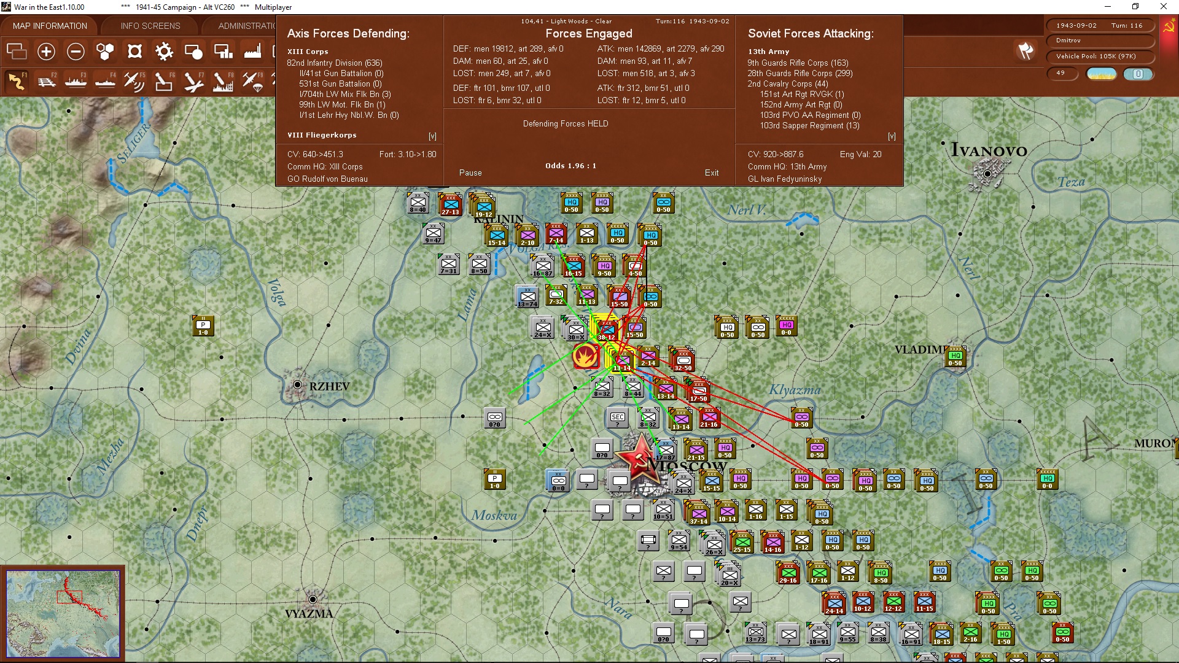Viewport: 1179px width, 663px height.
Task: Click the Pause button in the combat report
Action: (470, 173)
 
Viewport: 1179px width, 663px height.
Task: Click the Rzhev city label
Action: (329, 386)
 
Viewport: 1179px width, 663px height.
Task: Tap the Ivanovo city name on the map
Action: (989, 150)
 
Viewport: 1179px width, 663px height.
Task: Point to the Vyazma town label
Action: (309, 613)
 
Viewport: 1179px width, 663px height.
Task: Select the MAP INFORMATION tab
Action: (50, 26)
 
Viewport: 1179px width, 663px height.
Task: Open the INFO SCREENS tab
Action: (150, 26)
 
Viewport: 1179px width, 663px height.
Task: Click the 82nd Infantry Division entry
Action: (334, 63)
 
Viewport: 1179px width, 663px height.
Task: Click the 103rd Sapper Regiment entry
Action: (809, 125)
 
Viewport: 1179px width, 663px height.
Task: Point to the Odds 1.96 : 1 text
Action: (570, 166)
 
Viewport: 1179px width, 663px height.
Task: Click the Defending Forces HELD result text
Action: (566, 123)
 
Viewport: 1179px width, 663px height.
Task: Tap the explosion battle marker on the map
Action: (585, 356)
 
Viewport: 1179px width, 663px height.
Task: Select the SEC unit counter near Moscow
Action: (618, 419)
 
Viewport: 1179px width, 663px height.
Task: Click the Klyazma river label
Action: (795, 390)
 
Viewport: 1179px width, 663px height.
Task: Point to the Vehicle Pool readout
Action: (1095, 56)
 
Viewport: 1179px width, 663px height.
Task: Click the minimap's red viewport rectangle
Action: (69, 596)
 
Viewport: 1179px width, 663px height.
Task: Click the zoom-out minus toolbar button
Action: (76, 52)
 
